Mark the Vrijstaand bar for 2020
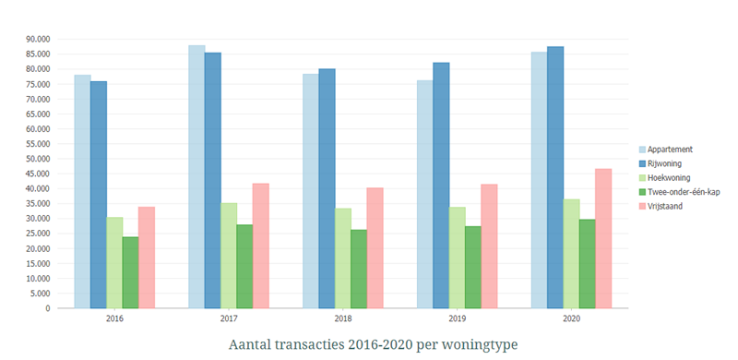603,238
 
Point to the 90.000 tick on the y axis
37,39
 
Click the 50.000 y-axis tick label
37,159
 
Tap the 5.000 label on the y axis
40,294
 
